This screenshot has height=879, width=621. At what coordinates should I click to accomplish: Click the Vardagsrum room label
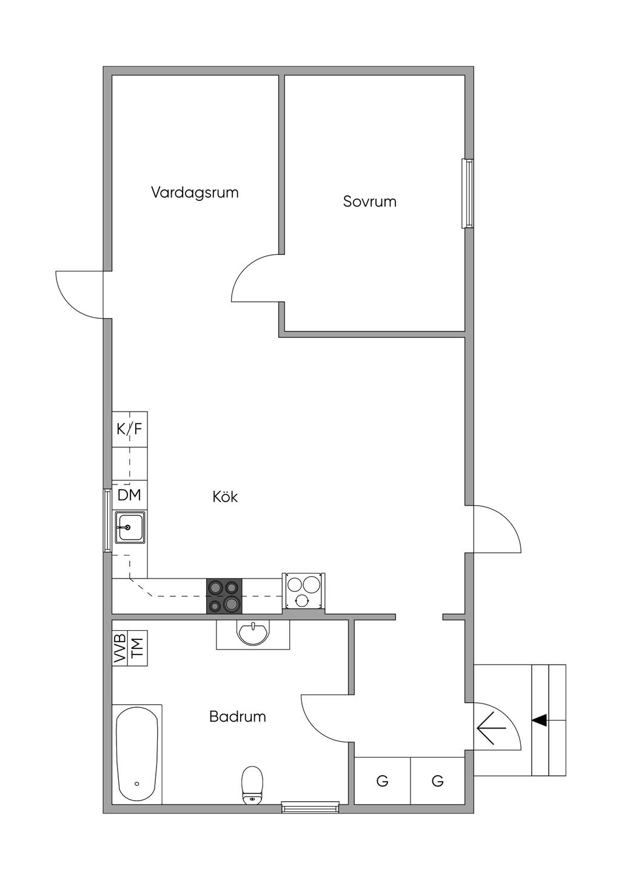click(x=195, y=192)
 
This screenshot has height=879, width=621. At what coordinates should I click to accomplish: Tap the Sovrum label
click(x=369, y=202)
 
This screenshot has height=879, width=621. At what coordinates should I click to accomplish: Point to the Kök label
click(x=225, y=497)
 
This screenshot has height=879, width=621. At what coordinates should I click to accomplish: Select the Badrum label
click(x=237, y=716)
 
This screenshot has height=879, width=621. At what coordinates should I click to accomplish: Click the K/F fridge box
click(x=129, y=429)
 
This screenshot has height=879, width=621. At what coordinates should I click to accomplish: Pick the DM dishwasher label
click(x=129, y=495)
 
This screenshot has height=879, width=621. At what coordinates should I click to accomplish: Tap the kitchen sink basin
click(x=130, y=527)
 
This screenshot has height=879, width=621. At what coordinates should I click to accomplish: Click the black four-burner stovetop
click(x=224, y=596)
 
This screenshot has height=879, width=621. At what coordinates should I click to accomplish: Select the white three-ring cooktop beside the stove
click(x=303, y=591)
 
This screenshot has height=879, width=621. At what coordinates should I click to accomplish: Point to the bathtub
click(x=137, y=754)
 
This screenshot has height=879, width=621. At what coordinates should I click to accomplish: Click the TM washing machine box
click(x=138, y=648)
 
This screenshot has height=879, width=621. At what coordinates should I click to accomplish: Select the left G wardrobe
click(x=382, y=781)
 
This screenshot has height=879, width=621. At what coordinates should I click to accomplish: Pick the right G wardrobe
click(x=437, y=781)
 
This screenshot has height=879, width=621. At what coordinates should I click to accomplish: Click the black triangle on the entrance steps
click(x=540, y=720)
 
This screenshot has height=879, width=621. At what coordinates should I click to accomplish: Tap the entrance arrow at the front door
click(x=492, y=727)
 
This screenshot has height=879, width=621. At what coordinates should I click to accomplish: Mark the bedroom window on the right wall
click(x=468, y=193)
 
